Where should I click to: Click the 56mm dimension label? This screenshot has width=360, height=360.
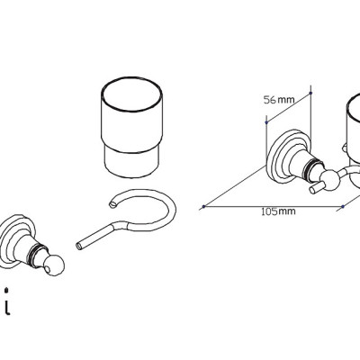279,100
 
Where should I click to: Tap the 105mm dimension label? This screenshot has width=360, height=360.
278,211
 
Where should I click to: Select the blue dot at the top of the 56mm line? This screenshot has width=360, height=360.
310,94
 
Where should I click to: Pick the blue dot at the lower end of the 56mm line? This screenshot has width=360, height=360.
266,122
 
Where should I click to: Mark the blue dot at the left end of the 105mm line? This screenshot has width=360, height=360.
204,206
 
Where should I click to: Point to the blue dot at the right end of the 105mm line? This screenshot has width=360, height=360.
343,206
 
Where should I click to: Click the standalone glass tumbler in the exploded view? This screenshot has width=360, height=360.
132,128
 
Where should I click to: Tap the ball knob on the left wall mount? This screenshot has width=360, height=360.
54,265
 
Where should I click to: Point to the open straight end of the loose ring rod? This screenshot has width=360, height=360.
79,246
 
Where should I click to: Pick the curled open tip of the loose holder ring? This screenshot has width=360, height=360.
112,204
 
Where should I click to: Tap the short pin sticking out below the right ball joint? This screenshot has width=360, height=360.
316,188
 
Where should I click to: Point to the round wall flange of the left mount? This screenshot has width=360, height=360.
13,240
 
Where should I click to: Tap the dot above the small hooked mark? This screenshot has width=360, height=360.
6,290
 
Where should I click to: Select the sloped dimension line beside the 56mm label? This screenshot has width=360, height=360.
289,108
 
